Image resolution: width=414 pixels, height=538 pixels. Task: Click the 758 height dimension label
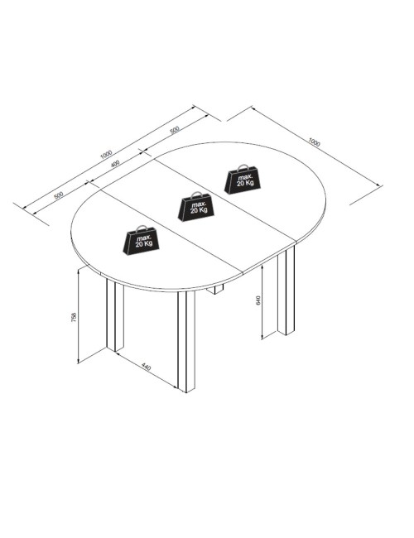click(74, 317)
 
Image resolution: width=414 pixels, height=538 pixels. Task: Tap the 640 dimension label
click(258, 300)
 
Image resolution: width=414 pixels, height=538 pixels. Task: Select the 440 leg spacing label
click(147, 367)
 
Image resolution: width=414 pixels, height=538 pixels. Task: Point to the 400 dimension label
click(115, 164)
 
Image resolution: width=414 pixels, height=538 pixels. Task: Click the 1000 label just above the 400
click(106, 154)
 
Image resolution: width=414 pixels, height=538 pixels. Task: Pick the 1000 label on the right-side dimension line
click(314, 142)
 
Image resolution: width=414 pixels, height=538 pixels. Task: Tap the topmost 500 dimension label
click(175, 130)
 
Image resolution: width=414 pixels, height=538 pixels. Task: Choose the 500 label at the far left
click(58, 195)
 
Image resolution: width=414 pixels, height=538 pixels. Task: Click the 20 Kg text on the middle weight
click(199, 210)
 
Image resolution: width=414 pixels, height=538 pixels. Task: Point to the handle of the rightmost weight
click(243, 166)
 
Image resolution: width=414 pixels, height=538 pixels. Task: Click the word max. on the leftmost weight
click(143, 238)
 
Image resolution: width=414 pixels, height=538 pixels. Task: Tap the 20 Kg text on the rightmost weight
click(245, 183)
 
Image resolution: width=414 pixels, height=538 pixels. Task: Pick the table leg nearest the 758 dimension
click(115, 315)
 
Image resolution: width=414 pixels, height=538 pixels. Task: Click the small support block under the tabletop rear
click(215, 290)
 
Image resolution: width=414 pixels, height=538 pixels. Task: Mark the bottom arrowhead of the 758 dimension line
click(79, 361)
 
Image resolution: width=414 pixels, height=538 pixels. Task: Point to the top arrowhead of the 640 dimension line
click(262, 267)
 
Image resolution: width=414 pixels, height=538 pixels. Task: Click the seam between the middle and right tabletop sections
click(225, 199)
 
